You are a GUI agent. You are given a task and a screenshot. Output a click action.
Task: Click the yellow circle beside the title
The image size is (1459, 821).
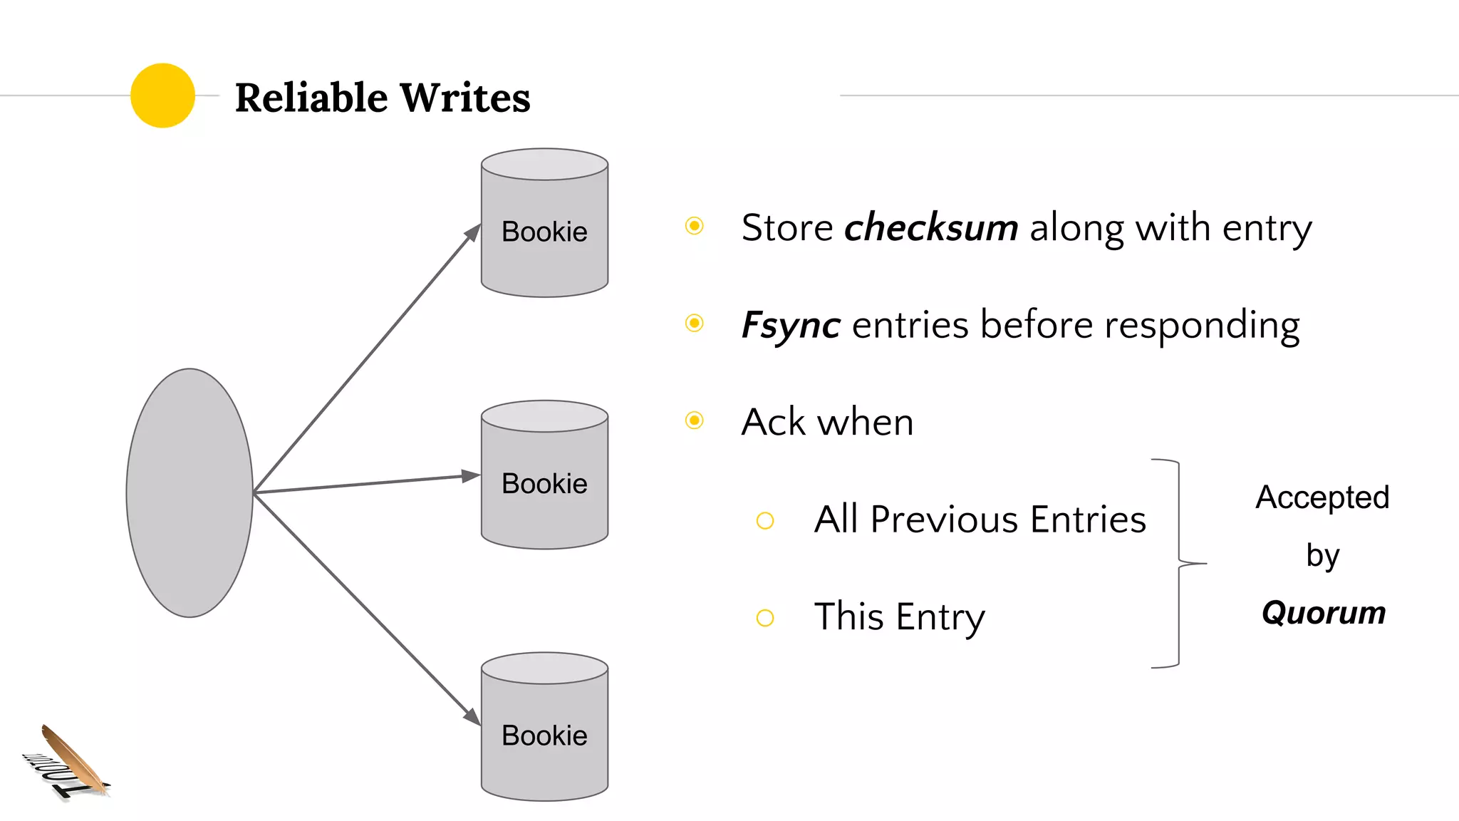[162, 95]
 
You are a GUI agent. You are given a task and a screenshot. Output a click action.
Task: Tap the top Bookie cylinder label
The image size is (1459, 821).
[544, 232]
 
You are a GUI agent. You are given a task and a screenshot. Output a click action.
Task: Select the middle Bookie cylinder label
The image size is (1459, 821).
[544, 484]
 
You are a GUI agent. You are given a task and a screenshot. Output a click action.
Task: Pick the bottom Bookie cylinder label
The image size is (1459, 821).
[544, 735]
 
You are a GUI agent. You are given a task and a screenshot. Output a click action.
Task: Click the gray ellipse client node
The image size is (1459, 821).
[189, 492]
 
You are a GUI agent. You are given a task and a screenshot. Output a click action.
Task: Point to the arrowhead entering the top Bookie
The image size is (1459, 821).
[473, 232]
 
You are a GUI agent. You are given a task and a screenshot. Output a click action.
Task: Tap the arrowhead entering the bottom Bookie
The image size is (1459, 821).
[472, 716]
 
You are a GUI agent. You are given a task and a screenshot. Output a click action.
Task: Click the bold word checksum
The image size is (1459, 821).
[930, 228]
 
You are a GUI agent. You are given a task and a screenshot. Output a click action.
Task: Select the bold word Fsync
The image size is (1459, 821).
[791, 325]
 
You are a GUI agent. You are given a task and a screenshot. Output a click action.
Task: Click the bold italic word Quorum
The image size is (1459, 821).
[1323, 613]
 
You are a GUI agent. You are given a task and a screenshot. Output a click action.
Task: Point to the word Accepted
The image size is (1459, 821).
[1322, 497]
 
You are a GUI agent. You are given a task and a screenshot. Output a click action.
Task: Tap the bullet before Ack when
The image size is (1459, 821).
[694, 420]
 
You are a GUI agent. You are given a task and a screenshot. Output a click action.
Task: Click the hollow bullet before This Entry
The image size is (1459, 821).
[765, 618]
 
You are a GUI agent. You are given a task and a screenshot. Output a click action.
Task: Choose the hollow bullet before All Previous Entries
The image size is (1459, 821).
[765, 521]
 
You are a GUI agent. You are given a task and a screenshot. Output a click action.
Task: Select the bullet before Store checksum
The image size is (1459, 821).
[694, 226]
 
